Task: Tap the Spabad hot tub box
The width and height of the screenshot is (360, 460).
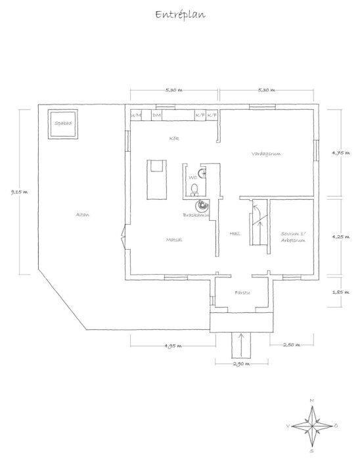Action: (x=64, y=124)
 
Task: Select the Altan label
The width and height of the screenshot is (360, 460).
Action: (x=81, y=215)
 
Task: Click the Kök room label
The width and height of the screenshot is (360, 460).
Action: (x=174, y=139)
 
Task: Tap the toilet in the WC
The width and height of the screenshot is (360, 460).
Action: (x=194, y=191)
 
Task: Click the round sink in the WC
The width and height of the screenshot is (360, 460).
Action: (x=204, y=174)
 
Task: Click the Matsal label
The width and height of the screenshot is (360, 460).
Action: (x=173, y=240)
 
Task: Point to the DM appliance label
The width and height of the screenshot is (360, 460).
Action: (x=156, y=116)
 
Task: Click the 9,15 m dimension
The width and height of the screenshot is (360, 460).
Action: (x=12, y=192)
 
